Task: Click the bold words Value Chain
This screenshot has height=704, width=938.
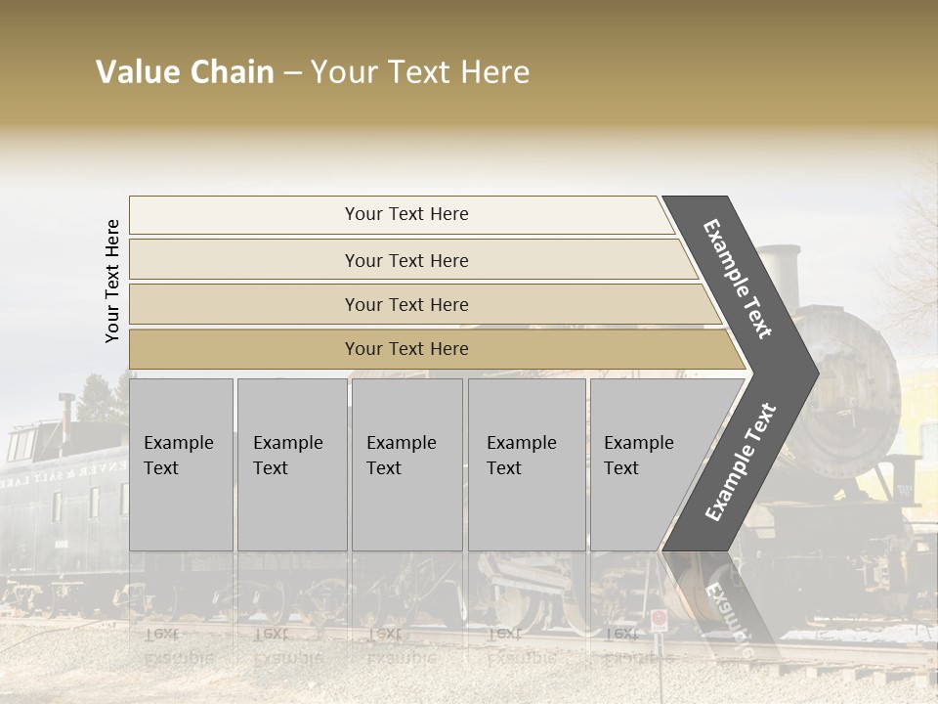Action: pos(185,72)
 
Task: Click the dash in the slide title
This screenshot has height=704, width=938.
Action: pos(292,73)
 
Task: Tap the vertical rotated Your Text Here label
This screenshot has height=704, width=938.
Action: pos(112,281)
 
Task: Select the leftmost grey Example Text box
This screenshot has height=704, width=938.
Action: pos(181,464)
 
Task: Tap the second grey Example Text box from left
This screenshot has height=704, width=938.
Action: pos(291,464)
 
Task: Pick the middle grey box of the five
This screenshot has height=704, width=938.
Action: pos(406,464)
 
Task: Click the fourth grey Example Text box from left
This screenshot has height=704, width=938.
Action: pos(527,464)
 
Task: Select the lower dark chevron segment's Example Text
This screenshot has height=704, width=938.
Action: pos(741,462)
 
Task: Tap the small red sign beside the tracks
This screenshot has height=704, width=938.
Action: pos(660,619)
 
